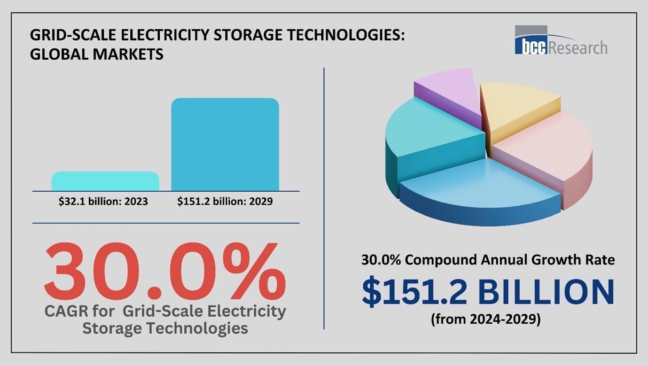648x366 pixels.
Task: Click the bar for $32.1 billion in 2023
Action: [x=105, y=181]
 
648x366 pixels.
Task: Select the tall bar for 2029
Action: [x=225, y=144]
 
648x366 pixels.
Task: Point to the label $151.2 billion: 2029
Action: [x=225, y=202]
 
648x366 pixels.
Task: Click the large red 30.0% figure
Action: [x=164, y=273]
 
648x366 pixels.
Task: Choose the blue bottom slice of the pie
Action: [x=479, y=188]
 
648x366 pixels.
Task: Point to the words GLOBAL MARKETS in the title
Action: [x=97, y=54]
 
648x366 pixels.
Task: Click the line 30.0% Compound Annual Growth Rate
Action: [x=488, y=260]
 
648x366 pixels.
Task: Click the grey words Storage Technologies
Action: [x=165, y=328]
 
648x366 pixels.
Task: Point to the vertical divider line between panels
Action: [x=324, y=197]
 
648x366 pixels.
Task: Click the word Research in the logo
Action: [x=578, y=47]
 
